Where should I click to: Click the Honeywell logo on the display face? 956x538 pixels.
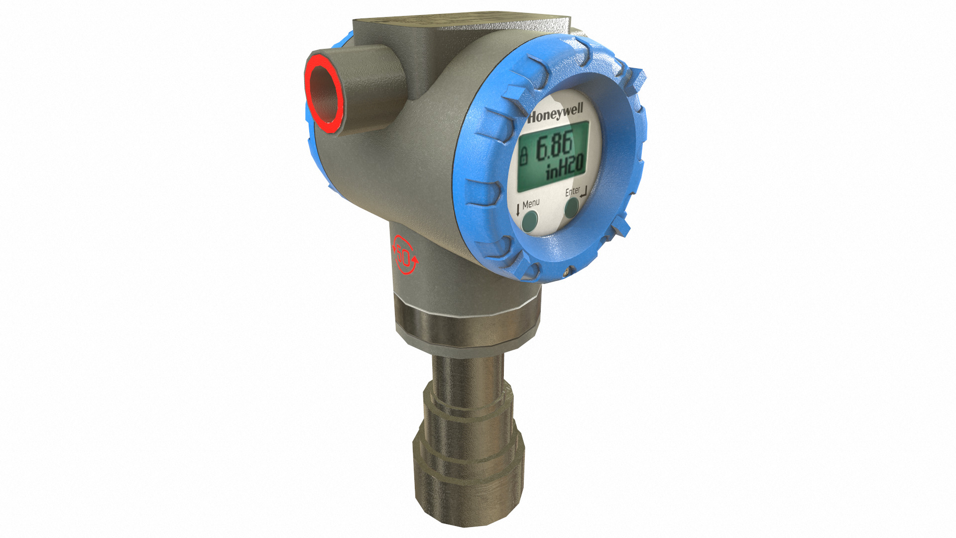pyautogui.click(x=555, y=114)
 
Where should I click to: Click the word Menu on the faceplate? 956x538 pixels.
pyautogui.click(x=531, y=203)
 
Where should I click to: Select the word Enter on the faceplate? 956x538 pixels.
pyautogui.click(x=572, y=191)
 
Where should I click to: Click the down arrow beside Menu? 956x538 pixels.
pyautogui.click(x=518, y=209)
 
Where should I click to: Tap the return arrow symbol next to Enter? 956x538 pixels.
pyautogui.click(x=584, y=190)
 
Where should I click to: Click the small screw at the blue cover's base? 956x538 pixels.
pyautogui.click(x=566, y=272)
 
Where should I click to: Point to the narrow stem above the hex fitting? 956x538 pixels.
pyautogui.click(x=466, y=374)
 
